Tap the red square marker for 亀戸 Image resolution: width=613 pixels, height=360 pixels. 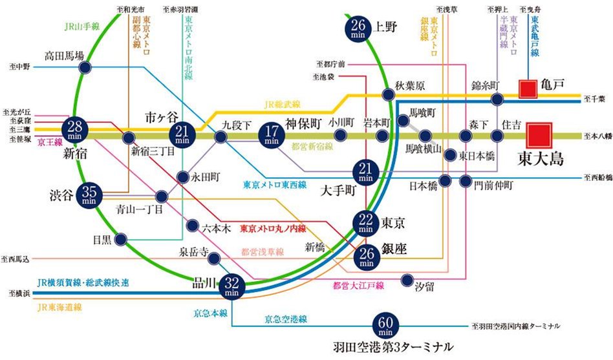528,89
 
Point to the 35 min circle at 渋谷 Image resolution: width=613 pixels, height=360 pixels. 90,194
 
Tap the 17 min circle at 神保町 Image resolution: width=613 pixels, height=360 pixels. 272,134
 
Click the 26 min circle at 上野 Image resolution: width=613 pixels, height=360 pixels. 360,28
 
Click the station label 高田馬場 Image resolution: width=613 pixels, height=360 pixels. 64,56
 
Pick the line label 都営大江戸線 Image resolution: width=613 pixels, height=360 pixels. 358,285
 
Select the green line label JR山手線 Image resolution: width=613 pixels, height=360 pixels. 81,27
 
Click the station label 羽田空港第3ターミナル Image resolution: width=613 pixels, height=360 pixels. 387,346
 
